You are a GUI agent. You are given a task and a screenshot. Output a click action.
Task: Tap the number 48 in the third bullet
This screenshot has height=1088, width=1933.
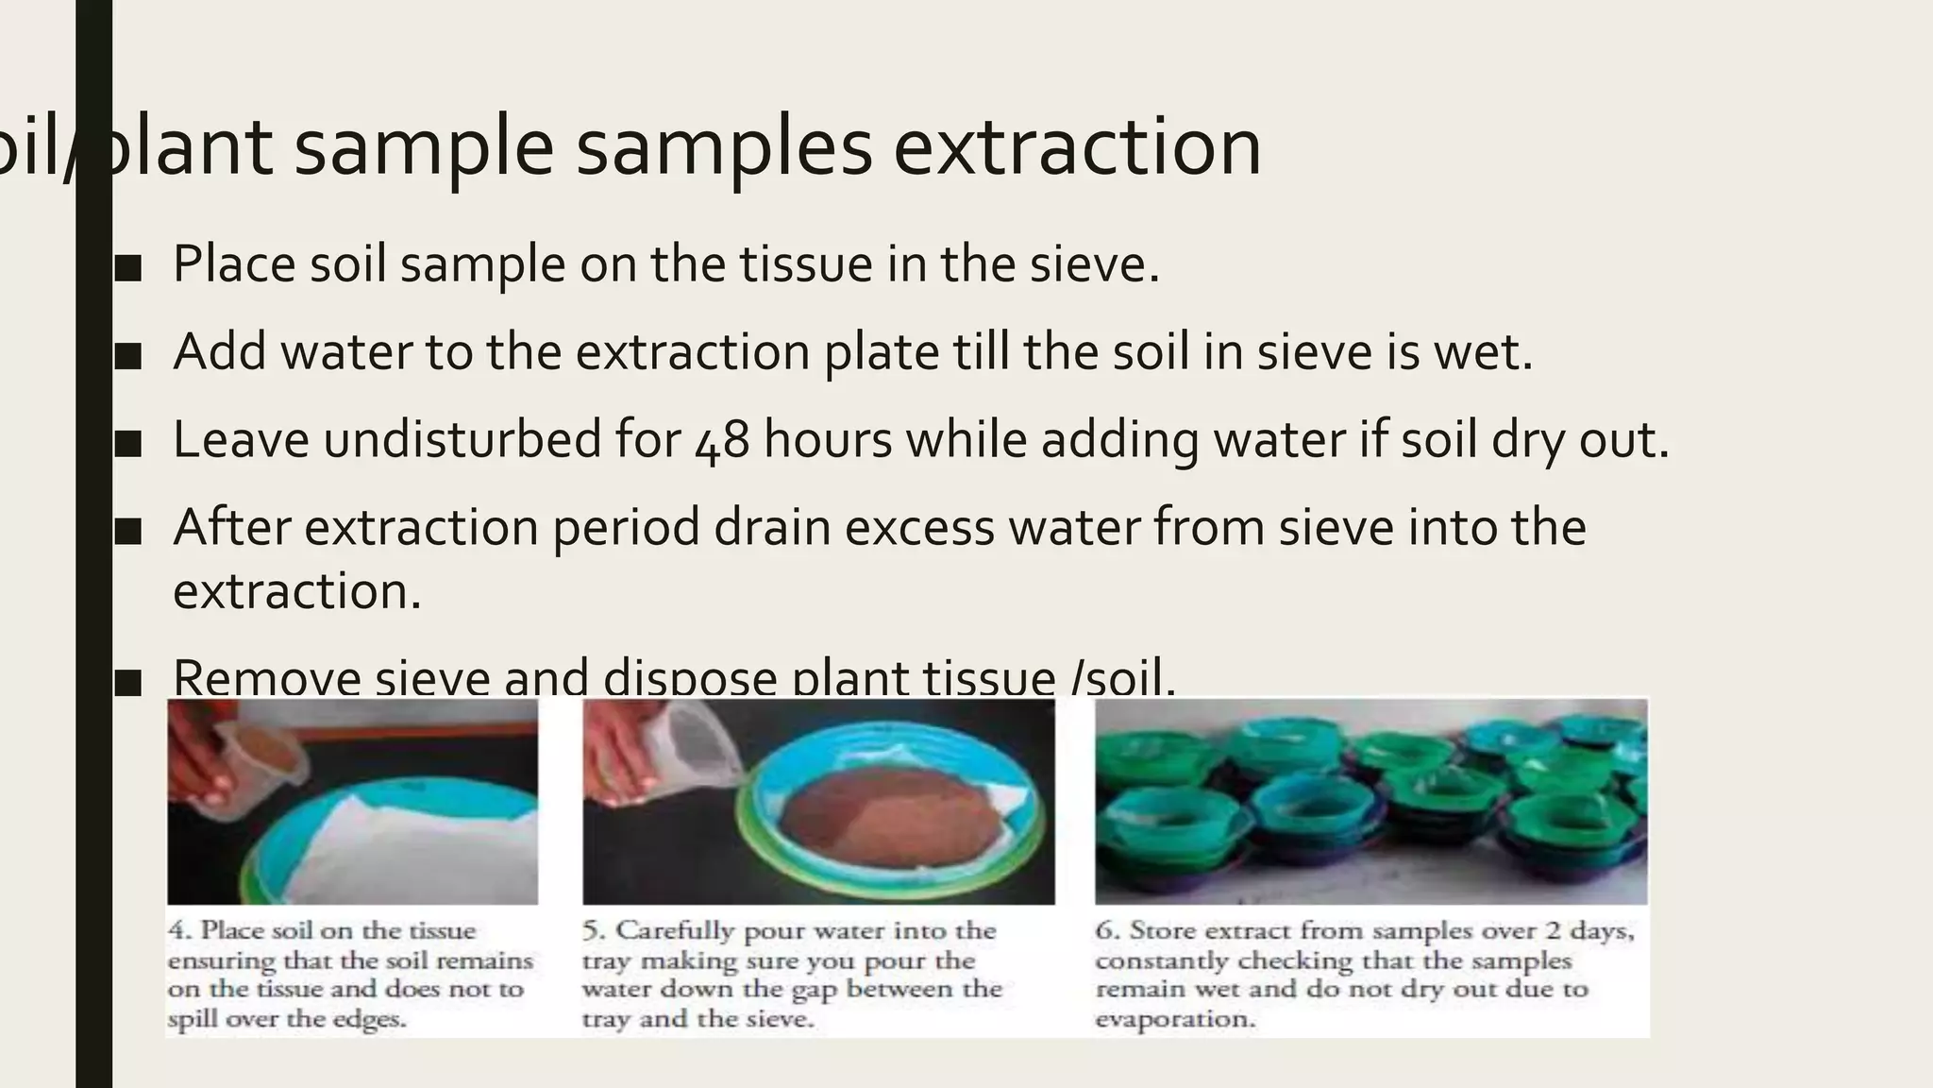tap(722, 441)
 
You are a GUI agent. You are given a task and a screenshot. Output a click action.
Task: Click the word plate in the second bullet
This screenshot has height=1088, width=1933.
tap(882, 352)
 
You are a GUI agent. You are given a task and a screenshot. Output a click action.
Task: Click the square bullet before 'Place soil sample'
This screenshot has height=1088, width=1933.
tap(127, 268)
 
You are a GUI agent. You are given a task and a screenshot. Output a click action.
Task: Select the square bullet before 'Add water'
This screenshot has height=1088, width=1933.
tap(127, 356)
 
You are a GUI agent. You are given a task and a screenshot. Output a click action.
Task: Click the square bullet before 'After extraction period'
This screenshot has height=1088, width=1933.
tap(127, 532)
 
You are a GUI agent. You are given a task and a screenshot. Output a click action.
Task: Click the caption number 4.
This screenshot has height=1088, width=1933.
tap(179, 930)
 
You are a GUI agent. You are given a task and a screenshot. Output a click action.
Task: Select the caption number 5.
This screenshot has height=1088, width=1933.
tap(593, 930)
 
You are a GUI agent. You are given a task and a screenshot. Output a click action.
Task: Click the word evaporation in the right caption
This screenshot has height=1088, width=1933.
tap(1175, 1020)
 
